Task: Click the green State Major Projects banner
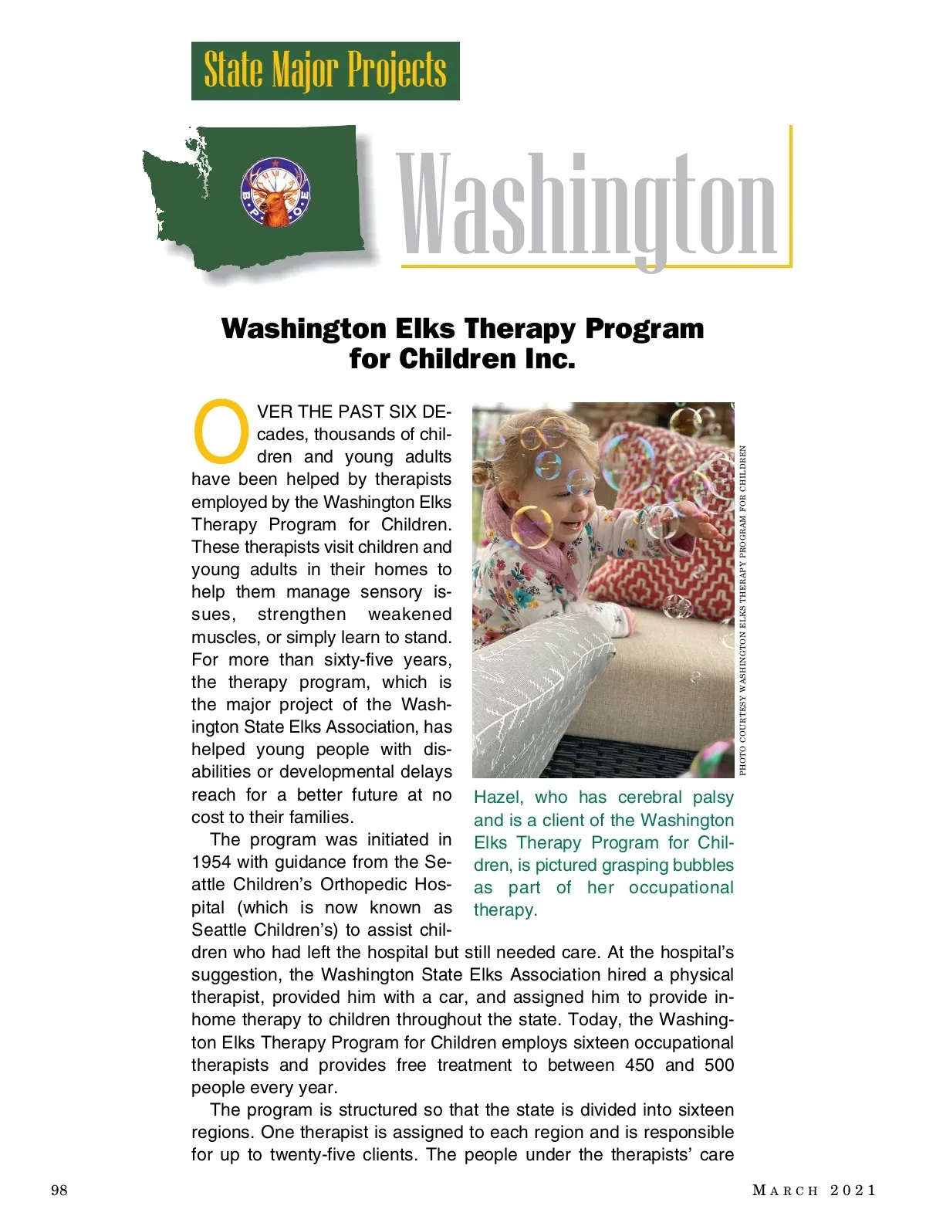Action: point(325,70)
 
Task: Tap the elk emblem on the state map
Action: point(275,192)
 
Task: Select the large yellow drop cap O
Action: point(221,428)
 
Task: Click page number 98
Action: point(59,1190)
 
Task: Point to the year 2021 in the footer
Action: point(853,1190)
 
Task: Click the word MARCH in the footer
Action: point(785,1190)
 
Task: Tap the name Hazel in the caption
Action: point(498,798)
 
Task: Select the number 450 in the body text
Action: point(639,1065)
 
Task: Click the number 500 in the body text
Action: point(718,1065)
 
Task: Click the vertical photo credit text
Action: point(742,610)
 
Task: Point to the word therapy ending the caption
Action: point(505,910)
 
